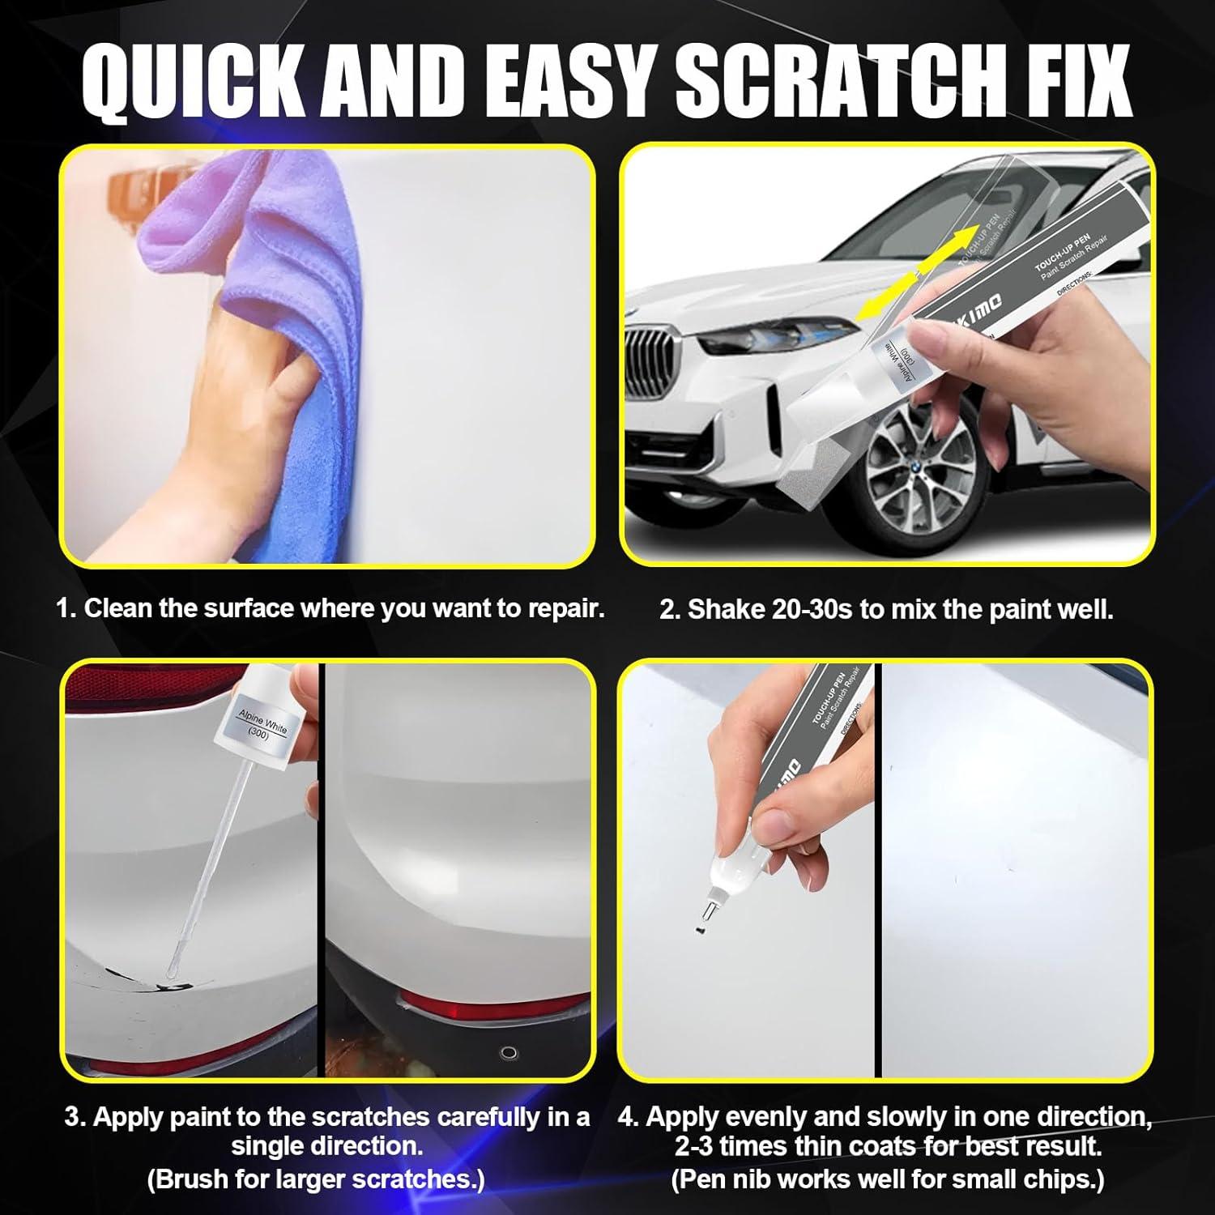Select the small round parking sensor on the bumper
[x=509, y=1053]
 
